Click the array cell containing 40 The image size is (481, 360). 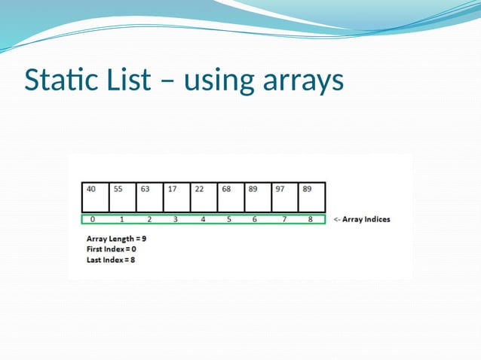click(96, 197)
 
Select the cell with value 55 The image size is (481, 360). click(123, 197)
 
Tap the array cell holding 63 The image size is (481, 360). click(150, 197)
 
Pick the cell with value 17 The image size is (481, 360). click(177, 197)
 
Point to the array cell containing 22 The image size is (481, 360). click(204, 197)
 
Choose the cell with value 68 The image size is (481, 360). click(231, 197)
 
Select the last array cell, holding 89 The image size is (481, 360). click(311, 197)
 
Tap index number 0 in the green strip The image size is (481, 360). click(93, 220)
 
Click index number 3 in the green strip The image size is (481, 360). click(176, 220)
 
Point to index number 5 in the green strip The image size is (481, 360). click(228, 220)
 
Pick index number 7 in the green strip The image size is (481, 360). click(283, 220)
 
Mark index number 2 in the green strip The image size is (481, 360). click(149, 220)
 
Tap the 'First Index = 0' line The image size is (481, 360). click(112, 249)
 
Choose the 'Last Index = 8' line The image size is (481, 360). click(111, 260)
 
